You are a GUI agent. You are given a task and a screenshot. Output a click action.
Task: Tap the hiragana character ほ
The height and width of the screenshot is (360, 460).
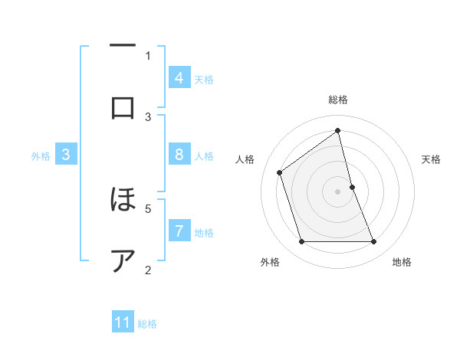point(123,201)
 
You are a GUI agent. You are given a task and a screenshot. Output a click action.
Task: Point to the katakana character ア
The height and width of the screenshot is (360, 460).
point(123,260)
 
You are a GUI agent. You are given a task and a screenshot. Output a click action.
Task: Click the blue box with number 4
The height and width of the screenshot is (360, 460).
point(179,77)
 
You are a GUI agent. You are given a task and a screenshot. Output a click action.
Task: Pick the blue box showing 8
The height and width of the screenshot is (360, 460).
point(179,155)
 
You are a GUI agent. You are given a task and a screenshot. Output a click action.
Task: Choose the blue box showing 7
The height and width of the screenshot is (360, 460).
point(179,231)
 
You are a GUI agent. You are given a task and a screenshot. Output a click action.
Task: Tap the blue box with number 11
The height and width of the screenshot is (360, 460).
point(123,322)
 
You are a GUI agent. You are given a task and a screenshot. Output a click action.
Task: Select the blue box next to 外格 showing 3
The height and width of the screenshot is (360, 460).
point(66,155)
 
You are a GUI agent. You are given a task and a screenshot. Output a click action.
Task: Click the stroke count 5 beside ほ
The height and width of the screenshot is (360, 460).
point(148,208)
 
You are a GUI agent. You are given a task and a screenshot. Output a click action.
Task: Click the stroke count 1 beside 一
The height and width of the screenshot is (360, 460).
point(148,55)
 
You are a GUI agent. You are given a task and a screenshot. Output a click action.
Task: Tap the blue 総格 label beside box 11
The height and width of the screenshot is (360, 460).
point(147,324)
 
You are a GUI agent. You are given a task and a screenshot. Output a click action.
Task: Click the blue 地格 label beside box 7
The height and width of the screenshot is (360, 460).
point(204,232)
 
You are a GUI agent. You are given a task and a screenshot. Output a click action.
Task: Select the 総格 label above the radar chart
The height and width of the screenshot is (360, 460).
point(338,100)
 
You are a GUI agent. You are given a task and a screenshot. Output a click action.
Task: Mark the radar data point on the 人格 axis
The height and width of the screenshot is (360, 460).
point(280,172)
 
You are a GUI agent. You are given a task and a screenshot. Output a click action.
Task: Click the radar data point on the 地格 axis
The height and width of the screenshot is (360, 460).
point(374,242)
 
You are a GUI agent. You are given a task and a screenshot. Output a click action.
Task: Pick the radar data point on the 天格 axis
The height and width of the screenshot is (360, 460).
point(352,187)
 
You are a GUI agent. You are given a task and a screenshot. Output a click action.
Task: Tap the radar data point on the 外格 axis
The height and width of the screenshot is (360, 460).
point(301,242)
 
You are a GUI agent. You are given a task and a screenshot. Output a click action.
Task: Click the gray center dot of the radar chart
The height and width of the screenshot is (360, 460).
point(338,191)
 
